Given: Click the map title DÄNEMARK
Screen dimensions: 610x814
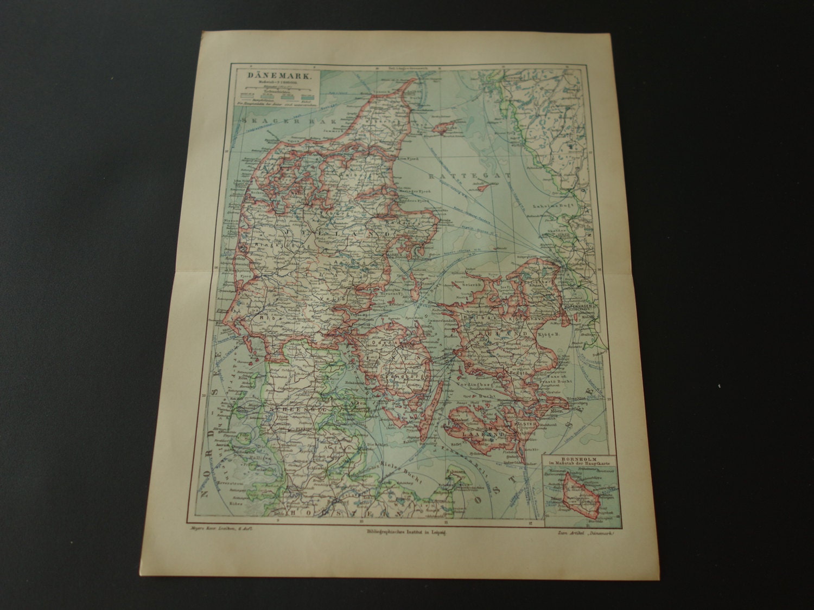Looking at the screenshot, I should (x=279, y=77).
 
